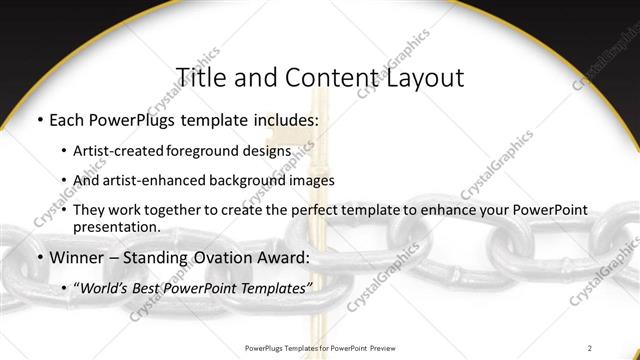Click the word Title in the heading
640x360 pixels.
pos(199,78)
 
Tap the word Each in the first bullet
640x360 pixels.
pos(68,121)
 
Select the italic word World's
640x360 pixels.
pos(104,288)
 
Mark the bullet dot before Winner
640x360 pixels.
pos(39,258)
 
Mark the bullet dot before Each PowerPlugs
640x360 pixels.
pos(39,121)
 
